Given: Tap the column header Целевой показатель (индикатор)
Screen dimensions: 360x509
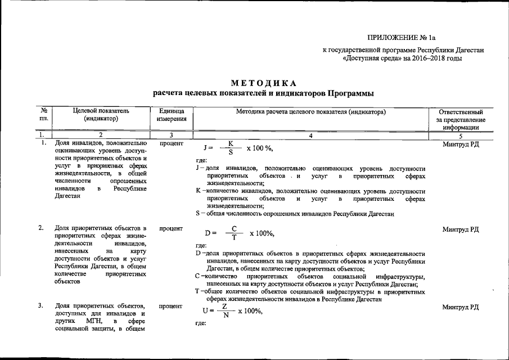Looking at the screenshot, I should pos(101,115).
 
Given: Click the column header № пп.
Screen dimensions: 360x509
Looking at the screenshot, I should pos(43,115).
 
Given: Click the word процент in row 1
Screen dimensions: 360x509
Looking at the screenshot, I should pos(171,144).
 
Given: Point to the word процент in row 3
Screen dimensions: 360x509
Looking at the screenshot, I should pos(171,307).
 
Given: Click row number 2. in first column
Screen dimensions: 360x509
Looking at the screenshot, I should pos(41,228).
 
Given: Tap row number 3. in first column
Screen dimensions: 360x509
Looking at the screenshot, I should pos(41,305).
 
